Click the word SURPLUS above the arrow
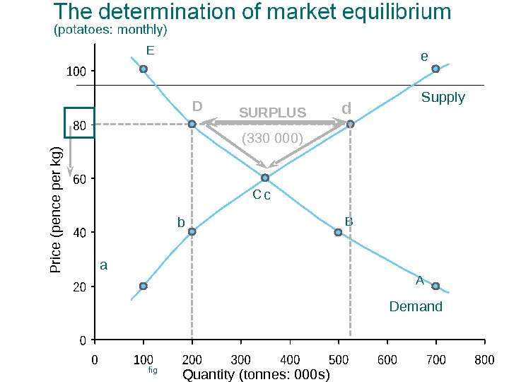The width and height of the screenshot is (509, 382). coord(272,112)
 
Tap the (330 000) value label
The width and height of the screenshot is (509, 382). coord(272,138)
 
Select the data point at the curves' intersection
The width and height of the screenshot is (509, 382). coord(265,178)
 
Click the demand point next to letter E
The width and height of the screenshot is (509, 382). coord(144,69)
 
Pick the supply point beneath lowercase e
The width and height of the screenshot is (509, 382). coord(435,69)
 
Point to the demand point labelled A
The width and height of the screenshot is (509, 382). coord(435,286)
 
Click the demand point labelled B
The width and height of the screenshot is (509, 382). coord(339,232)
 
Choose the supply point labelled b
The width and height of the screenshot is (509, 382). coord(192,231)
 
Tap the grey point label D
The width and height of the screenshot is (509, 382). coord(197,107)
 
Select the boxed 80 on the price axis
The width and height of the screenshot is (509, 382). coord(78,125)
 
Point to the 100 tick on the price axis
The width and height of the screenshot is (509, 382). coord(76,71)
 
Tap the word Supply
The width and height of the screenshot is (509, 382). coord(443,98)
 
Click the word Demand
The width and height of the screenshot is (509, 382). coord(416,306)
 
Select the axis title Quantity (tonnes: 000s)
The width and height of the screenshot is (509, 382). coord(257,375)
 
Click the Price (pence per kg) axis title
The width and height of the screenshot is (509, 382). coord(57,209)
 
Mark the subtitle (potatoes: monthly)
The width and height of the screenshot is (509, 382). coord(110,30)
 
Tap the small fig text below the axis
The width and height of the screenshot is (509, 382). coord(153,370)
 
